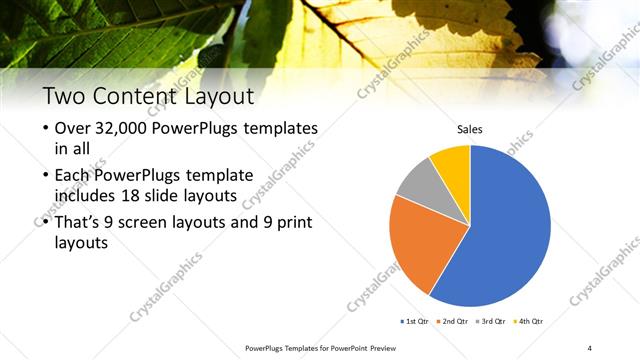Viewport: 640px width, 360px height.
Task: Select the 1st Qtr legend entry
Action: click(x=416, y=321)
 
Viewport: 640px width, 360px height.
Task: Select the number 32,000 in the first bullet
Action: click(x=124, y=129)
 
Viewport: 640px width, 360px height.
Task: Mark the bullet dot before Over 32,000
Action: click(x=46, y=130)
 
